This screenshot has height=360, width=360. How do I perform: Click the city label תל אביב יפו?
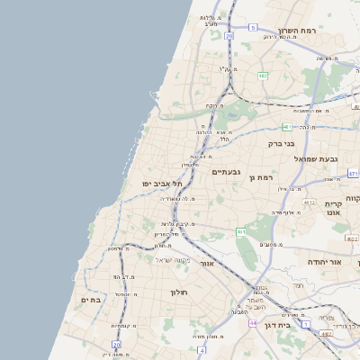[162, 184]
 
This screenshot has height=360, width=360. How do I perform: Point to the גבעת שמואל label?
[316, 159]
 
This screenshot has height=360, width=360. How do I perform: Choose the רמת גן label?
[261, 178]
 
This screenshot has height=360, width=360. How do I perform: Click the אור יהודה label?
[326, 262]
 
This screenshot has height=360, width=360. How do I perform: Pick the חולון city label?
[177, 292]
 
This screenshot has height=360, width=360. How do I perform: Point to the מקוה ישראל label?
[172, 260]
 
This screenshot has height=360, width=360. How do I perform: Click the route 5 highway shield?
[253, 28]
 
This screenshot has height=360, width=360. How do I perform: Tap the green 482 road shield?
[263, 76]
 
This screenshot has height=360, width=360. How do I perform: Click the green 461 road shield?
[241, 232]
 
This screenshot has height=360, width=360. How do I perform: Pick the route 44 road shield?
[254, 322]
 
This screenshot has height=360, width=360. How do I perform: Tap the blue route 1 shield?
[306, 323]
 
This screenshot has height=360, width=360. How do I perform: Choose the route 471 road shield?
[354, 172]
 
